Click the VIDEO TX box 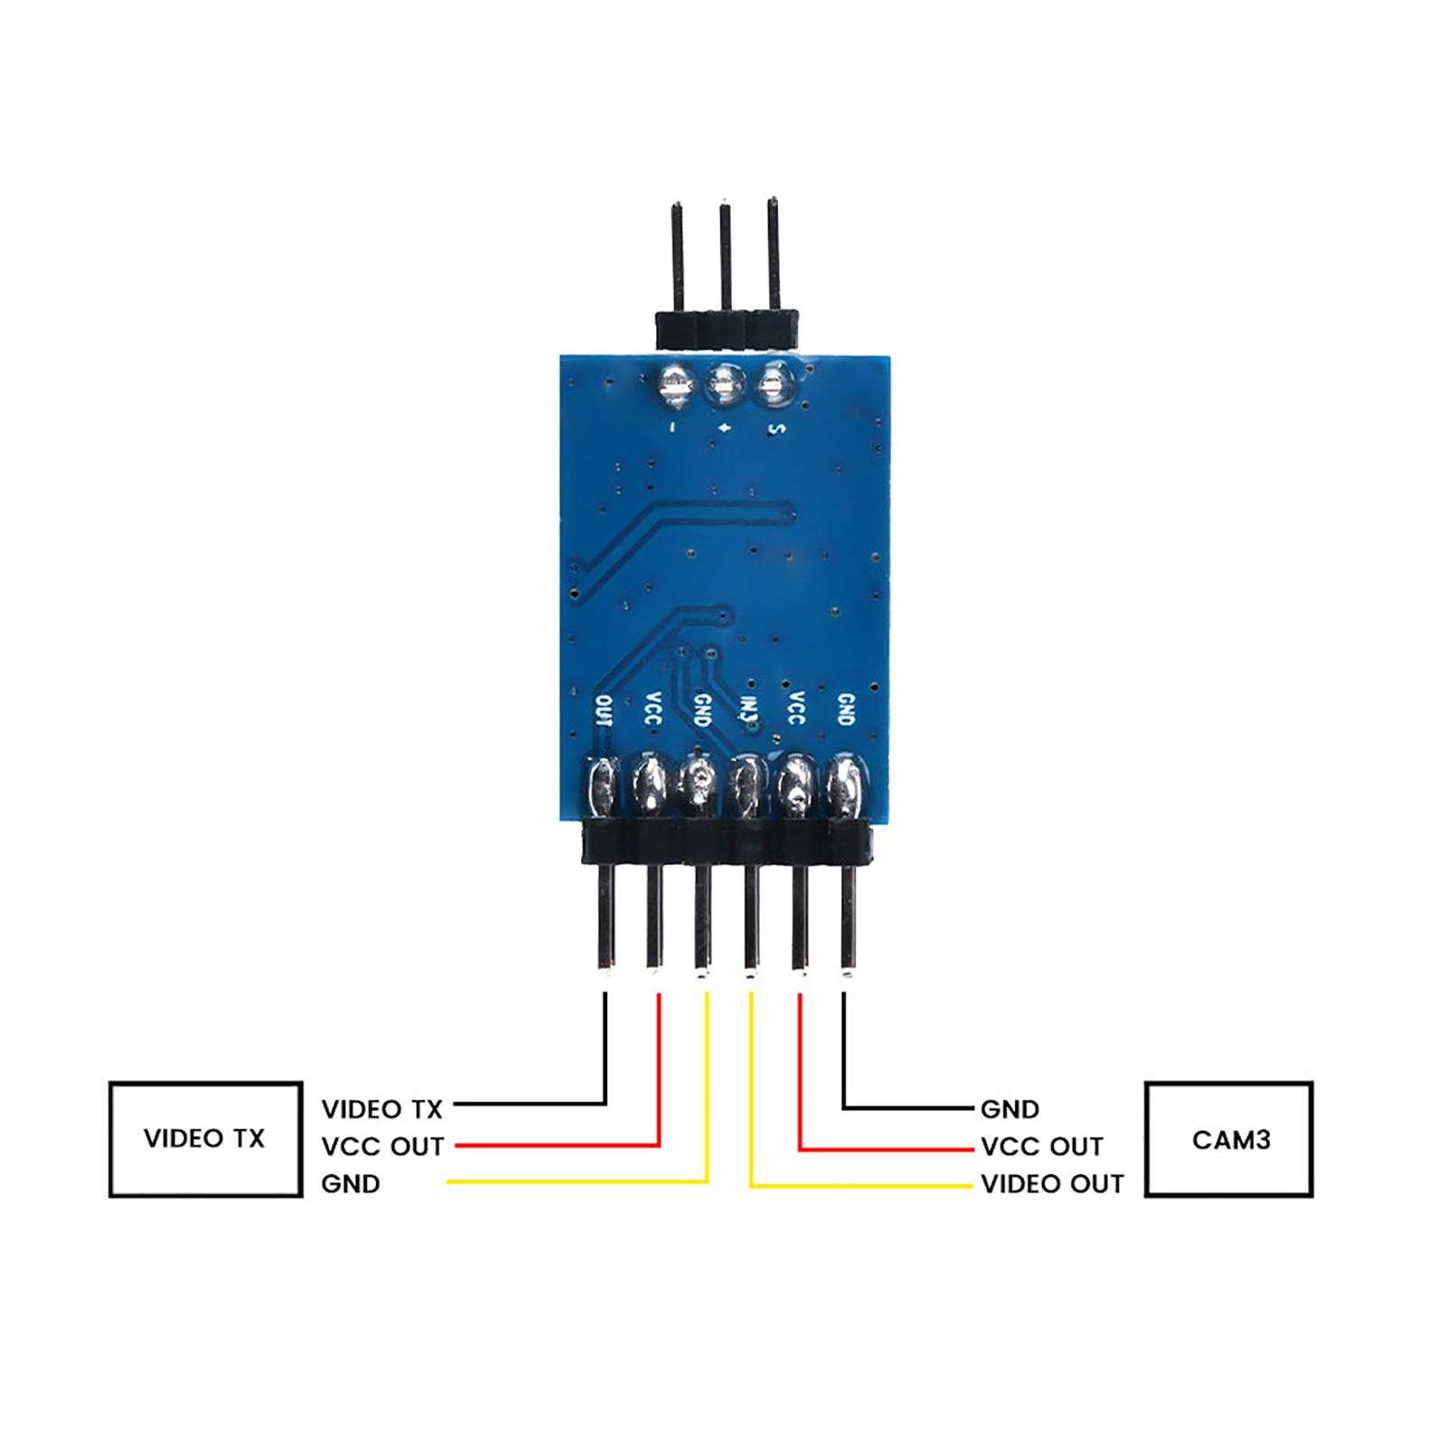[205, 1139]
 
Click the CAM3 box [1228, 1140]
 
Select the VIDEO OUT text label [1052, 1184]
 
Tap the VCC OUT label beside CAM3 [1041, 1147]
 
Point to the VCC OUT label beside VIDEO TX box [382, 1147]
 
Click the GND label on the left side [351, 1184]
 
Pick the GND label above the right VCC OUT [1009, 1109]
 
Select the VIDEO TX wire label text [382, 1109]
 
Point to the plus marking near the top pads [725, 427]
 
